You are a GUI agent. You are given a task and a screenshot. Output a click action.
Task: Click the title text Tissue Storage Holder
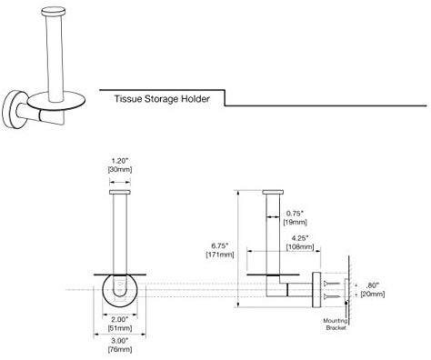pyautogui.click(x=162, y=99)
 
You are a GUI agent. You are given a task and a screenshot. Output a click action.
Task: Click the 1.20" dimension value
pyautogui.click(x=120, y=161)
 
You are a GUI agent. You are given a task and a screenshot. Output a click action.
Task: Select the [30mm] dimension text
pyautogui.click(x=120, y=169)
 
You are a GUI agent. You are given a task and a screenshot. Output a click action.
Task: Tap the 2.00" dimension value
pyautogui.click(x=120, y=319)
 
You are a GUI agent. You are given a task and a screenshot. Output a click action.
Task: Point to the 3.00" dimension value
pyautogui.click(x=120, y=341)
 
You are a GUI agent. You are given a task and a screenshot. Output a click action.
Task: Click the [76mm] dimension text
pyautogui.click(x=120, y=349)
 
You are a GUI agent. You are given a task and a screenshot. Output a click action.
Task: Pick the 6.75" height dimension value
pyautogui.click(x=220, y=245)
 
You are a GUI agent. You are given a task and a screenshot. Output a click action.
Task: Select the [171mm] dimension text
pyautogui.click(x=220, y=255)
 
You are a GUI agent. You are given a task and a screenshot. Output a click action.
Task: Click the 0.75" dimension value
pyautogui.click(x=295, y=214)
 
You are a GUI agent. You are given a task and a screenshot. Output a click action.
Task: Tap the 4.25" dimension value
pyautogui.click(x=300, y=238)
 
